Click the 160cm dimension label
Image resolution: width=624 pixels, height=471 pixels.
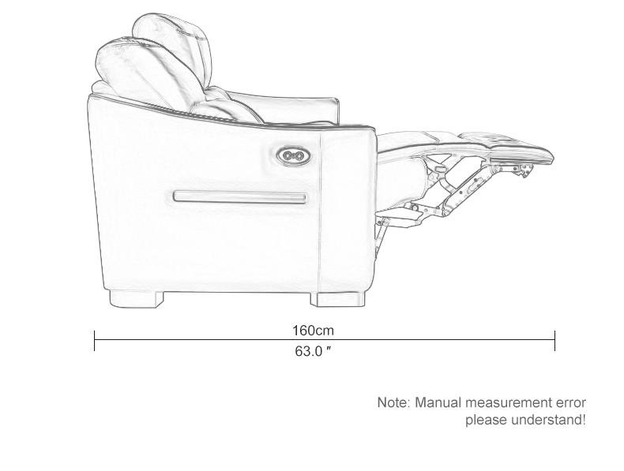[x=314, y=331]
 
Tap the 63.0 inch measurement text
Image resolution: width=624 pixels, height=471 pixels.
[x=314, y=351]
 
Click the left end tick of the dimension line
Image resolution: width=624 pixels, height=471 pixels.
[x=94, y=341]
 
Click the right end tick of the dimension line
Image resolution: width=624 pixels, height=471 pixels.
[x=554, y=341]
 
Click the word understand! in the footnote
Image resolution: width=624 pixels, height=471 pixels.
[x=548, y=420]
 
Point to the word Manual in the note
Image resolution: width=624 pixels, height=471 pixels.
[x=438, y=402]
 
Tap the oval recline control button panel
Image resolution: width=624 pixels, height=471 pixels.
[x=294, y=155]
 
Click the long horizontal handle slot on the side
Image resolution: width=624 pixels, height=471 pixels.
[x=240, y=196]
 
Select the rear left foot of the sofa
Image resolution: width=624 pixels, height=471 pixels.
[x=136, y=299]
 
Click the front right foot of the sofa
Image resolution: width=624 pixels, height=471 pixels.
[x=337, y=299]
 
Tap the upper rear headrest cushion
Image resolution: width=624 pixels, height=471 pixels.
[x=174, y=47]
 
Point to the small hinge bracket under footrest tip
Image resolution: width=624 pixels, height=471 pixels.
[x=525, y=170]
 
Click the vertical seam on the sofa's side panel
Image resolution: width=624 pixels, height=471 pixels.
[x=320, y=211]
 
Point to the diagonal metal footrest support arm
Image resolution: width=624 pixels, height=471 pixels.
[x=465, y=189]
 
